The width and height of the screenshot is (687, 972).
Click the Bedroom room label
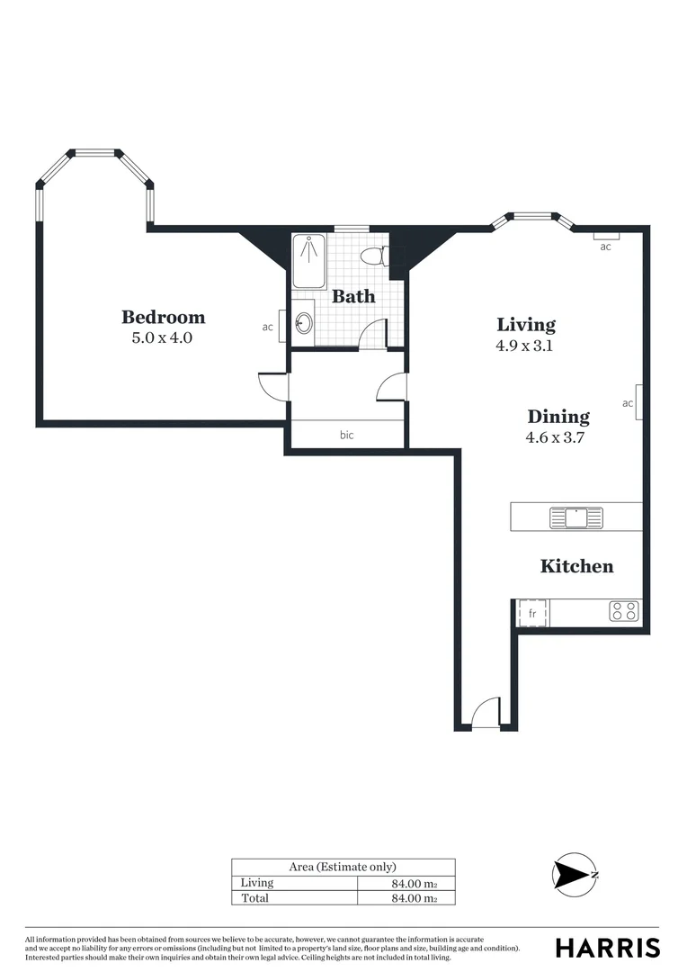pyautogui.click(x=163, y=317)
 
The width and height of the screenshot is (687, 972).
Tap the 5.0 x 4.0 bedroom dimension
pyautogui.click(x=163, y=339)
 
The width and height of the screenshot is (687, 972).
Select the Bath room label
pyautogui.click(x=353, y=296)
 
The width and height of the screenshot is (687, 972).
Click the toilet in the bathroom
pyautogui.click(x=372, y=256)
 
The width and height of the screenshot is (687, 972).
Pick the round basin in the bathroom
pyautogui.click(x=305, y=322)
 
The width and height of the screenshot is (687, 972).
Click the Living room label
pyautogui.click(x=526, y=324)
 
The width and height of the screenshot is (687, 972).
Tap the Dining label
pyautogui.click(x=558, y=417)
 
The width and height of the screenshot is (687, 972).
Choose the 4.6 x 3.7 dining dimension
pyautogui.click(x=558, y=438)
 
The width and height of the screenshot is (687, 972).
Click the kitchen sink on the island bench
pyautogui.click(x=576, y=517)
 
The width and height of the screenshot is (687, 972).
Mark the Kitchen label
pyautogui.click(x=576, y=566)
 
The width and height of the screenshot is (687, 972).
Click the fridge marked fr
pyautogui.click(x=531, y=613)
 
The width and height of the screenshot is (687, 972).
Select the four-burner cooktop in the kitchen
pyautogui.click(x=624, y=612)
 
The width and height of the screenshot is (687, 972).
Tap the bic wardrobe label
pyautogui.click(x=346, y=435)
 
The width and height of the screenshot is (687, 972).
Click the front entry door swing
pyautogui.click(x=486, y=715)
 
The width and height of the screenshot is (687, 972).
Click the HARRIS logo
pyautogui.click(x=607, y=948)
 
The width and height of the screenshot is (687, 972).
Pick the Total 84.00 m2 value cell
pyautogui.click(x=408, y=898)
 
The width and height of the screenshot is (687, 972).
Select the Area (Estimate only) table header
pyautogui.click(x=343, y=867)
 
